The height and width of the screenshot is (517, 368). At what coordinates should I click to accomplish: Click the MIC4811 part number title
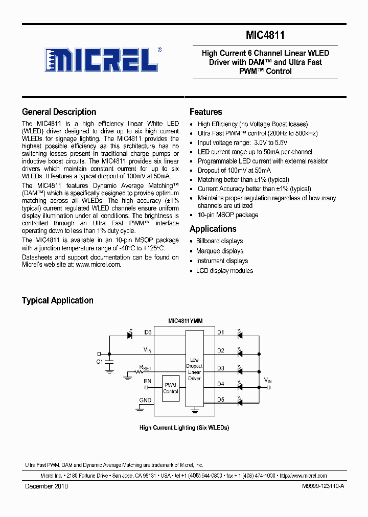tap(265, 35)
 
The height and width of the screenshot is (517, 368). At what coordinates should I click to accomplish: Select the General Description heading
tap(59, 112)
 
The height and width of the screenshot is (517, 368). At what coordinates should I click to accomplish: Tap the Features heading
tap(205, 112)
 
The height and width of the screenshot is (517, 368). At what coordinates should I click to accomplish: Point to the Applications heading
tap(213, 229)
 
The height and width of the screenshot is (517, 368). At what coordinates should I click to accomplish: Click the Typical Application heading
tap(57, 300)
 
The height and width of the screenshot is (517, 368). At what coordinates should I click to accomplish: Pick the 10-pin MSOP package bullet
tap(227, 215)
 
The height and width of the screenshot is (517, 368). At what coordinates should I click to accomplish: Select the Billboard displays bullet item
tap(219, 241)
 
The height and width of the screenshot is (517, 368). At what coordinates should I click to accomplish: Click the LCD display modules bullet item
tap(224, 271)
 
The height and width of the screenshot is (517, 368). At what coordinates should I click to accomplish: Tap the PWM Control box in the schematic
tap(171, 388)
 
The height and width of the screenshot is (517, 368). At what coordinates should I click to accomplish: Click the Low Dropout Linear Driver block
tap(194, 369)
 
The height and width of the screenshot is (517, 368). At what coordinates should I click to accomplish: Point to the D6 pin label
tap(148, 332)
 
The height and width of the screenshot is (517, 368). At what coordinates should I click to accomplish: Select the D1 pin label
tap(221, 332)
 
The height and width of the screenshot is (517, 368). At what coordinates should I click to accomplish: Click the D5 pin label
tap(221, 400)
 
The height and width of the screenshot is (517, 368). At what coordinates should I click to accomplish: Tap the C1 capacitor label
tap(100, 362)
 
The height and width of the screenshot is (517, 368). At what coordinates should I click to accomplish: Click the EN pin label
tap(147, 381)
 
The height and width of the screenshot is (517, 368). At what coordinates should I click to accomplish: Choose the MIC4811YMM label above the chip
tap(185, 321)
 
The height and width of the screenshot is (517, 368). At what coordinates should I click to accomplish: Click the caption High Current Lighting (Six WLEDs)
tap(184, 428)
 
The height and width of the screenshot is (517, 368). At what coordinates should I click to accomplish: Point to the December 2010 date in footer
tap(47, 486)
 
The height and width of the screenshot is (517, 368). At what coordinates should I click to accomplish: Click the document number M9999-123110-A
tap(316, 486)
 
